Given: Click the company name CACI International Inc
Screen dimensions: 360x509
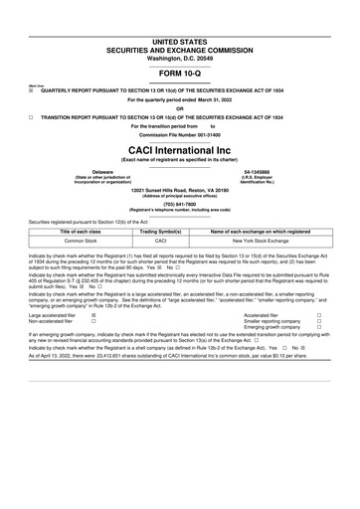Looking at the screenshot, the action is click(x=180, y=146).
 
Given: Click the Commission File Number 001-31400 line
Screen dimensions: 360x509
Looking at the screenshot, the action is click(x=180, y=135).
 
